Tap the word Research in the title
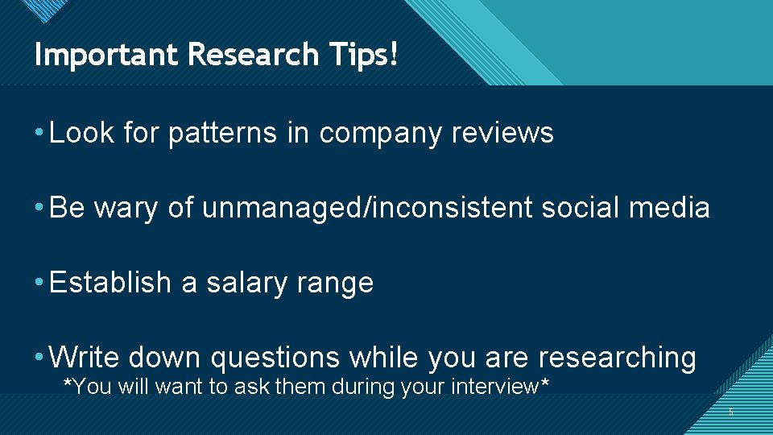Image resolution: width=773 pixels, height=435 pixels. (252, 55)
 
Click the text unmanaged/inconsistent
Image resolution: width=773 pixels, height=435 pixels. (367, 209)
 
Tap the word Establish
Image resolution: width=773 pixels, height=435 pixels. (110, 283)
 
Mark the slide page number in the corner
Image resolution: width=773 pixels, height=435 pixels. (731, 412)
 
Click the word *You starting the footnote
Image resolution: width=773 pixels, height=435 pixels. (88, 387)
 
